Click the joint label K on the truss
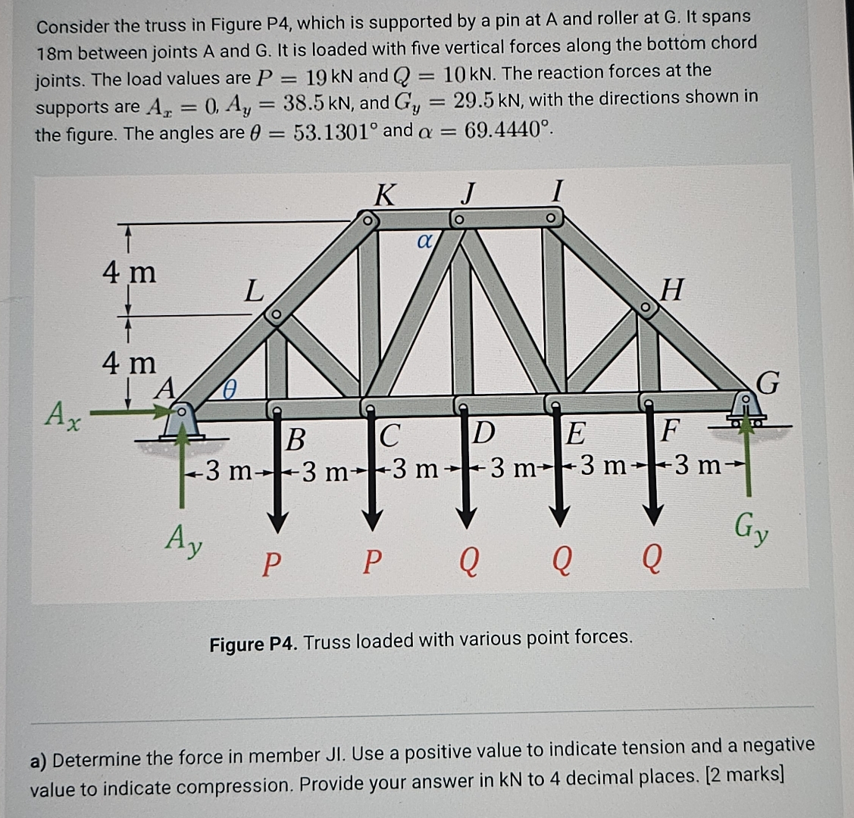pyautogui.click(x=385, y=195)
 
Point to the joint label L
pyautogui.click(x=254, y=290)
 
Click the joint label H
pyautogui.click(x=671, y=289)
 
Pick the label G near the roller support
pyautogui.click(x=768, y=383)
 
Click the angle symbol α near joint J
pyautogui.click(x=424, y=242)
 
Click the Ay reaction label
pyautogui.click(x=184, y=541)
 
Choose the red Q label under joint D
pyautogui.click(x=469, y=562)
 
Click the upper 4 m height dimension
pyautogui.click(x=130, y=270)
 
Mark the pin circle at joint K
pyautogui.click(x=366, y=222)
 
